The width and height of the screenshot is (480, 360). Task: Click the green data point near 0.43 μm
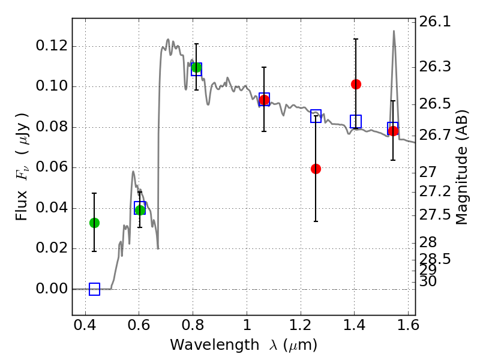point(94,223)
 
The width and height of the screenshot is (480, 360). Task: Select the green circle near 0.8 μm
point(196,67)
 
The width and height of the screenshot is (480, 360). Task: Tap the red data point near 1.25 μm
point(316,169)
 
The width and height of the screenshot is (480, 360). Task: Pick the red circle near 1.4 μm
point(356,84)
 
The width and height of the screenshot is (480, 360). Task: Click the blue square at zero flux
point(94,289)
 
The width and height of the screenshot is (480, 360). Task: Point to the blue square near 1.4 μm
point(356,121)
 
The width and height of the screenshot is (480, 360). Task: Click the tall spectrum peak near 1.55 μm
point(394,31)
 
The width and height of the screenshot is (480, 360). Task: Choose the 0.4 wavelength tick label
point(85,327)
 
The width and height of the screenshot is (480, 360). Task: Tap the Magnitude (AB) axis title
point(461,168)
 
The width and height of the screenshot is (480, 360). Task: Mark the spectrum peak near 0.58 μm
point(133,172)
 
